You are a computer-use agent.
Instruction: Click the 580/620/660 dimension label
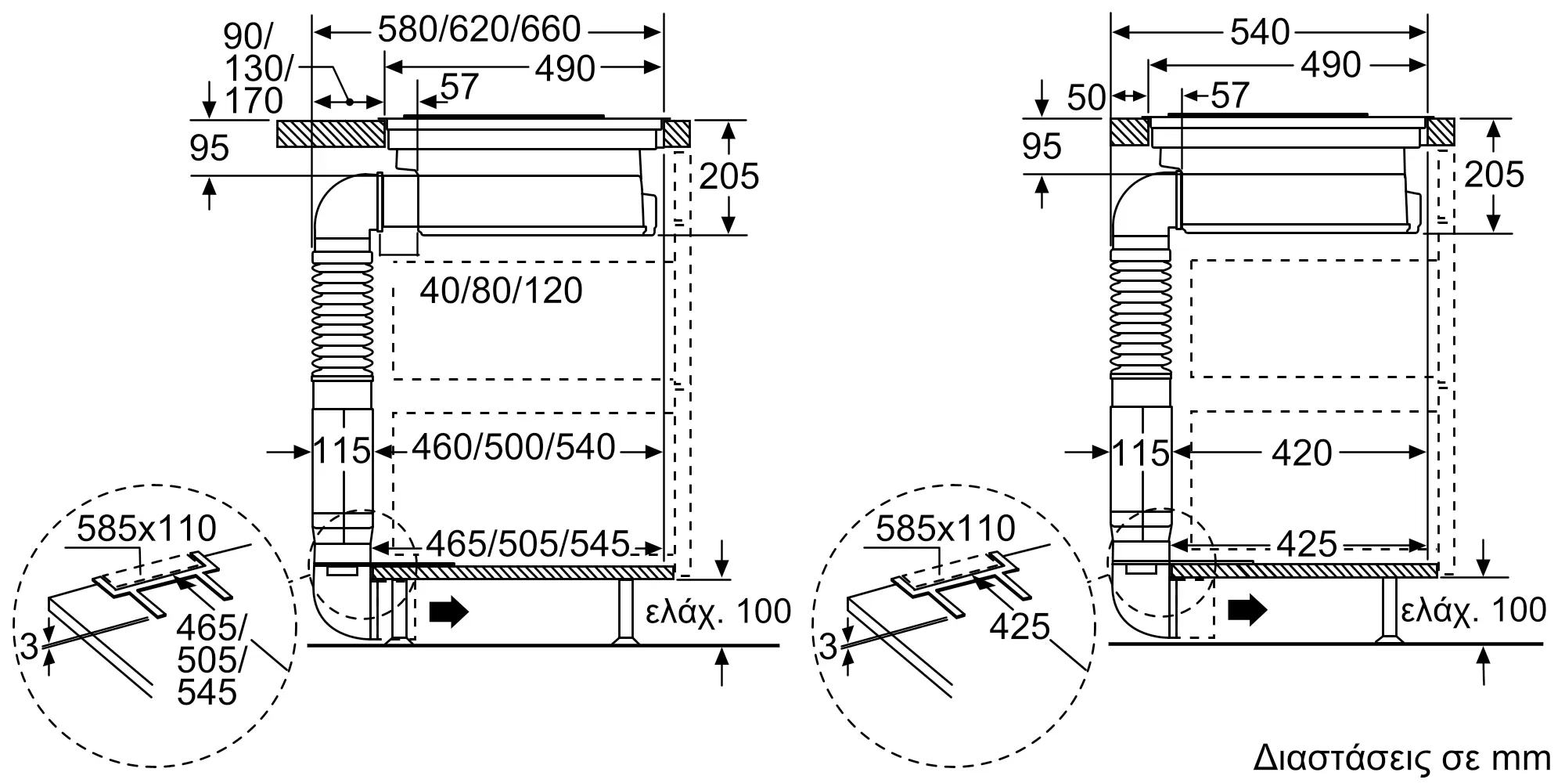[479, 31]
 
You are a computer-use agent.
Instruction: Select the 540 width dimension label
[1259, 32]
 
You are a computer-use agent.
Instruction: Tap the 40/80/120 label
[501, 291]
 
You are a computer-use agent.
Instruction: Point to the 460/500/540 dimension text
[513, 448]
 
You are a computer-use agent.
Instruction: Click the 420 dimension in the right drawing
[1301, 453]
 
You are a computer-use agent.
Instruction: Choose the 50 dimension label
[1086, 97]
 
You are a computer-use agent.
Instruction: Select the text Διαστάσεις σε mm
[1401, 758]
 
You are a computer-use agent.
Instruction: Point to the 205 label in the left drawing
[729, 177]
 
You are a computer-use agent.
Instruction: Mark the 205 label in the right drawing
[1494, 175]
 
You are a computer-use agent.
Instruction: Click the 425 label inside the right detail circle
[1019, 626]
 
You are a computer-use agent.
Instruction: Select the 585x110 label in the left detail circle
[147, 529]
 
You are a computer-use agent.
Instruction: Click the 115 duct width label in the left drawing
[341, 451]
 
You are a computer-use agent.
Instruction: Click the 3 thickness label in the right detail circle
[829, 647]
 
